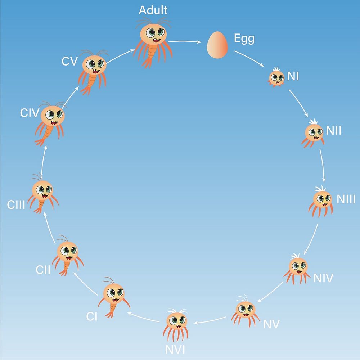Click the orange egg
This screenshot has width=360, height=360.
[217, 45]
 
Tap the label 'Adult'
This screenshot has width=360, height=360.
[153, 10]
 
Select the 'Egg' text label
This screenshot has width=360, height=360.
[244, 39]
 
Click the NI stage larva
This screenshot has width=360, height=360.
[276, 77]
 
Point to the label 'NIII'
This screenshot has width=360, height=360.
[346, 199]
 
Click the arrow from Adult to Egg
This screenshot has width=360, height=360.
[184, 41]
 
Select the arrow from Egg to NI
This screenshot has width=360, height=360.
[249, 59]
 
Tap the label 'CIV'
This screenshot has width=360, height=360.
[30, 113]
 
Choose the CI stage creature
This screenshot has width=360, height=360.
[114, 298]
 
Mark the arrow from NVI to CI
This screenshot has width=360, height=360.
[144, 317]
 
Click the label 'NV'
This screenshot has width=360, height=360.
[271, 324]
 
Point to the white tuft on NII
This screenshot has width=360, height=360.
[314, 122]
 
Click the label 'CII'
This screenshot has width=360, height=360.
[43, 270]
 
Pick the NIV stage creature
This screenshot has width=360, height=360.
[297, 269]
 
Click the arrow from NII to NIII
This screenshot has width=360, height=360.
[322, 166]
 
